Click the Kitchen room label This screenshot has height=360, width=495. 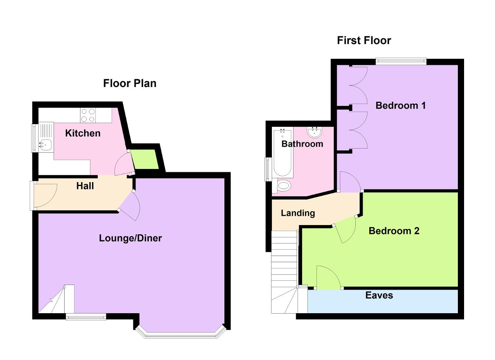83,133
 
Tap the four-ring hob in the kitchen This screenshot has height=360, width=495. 88,115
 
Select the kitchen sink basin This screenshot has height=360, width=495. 46,145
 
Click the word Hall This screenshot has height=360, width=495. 85,186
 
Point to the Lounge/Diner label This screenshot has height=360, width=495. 130,238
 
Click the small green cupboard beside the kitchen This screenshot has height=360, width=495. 145,159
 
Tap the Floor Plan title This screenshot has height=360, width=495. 130,83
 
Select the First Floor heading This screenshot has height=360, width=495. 364,41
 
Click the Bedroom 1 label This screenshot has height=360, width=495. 401,106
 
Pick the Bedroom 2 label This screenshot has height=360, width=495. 394,231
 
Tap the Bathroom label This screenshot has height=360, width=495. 302,144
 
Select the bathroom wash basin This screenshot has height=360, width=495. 314,132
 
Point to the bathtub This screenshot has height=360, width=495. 282,152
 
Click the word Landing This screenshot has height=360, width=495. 298,213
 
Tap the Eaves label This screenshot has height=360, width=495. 379,295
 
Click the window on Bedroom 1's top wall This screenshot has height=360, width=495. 401,61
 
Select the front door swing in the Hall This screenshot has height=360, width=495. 45,195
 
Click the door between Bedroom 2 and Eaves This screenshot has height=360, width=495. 329,277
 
